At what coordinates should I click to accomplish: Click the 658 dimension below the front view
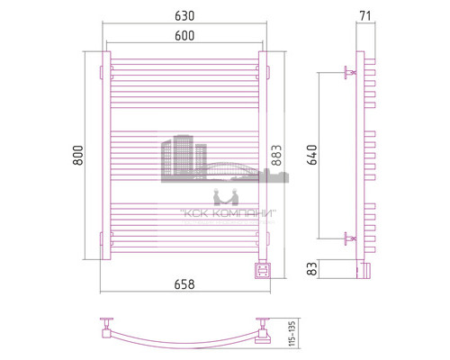pyautogui.click(x=184, y=284)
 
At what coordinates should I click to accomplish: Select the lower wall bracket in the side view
pyautogui.click(x=350, y=238)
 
